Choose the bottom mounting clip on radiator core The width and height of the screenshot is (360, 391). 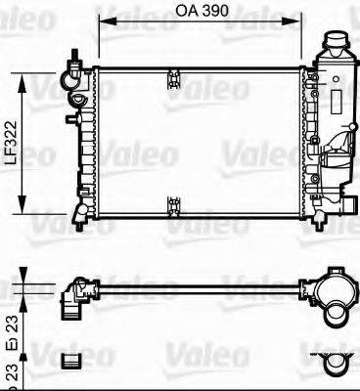[175, 204]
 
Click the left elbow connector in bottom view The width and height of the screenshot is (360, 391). [74, 295]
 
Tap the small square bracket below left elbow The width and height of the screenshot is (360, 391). [70, 363]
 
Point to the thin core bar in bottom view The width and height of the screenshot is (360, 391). [196, 287]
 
